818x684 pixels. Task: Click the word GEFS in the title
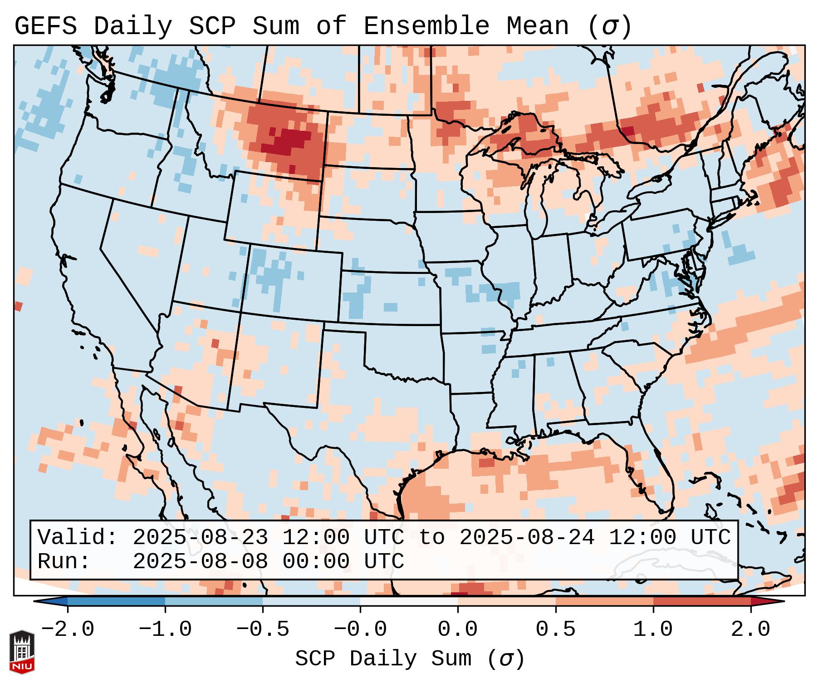(45, 26)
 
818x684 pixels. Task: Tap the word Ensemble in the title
(426, 26)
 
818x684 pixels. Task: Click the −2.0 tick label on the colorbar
(68, 629)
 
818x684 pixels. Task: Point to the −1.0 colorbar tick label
(165, 629)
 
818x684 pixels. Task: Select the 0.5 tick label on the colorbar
(555, 629)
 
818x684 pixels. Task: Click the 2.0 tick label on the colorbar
(750, 629)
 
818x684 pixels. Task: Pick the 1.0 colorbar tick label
(653, 629)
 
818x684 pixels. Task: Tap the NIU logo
(22, 652)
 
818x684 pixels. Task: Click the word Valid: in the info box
(78, 537)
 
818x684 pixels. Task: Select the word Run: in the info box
(64, 561)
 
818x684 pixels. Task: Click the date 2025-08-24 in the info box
(527, 537)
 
